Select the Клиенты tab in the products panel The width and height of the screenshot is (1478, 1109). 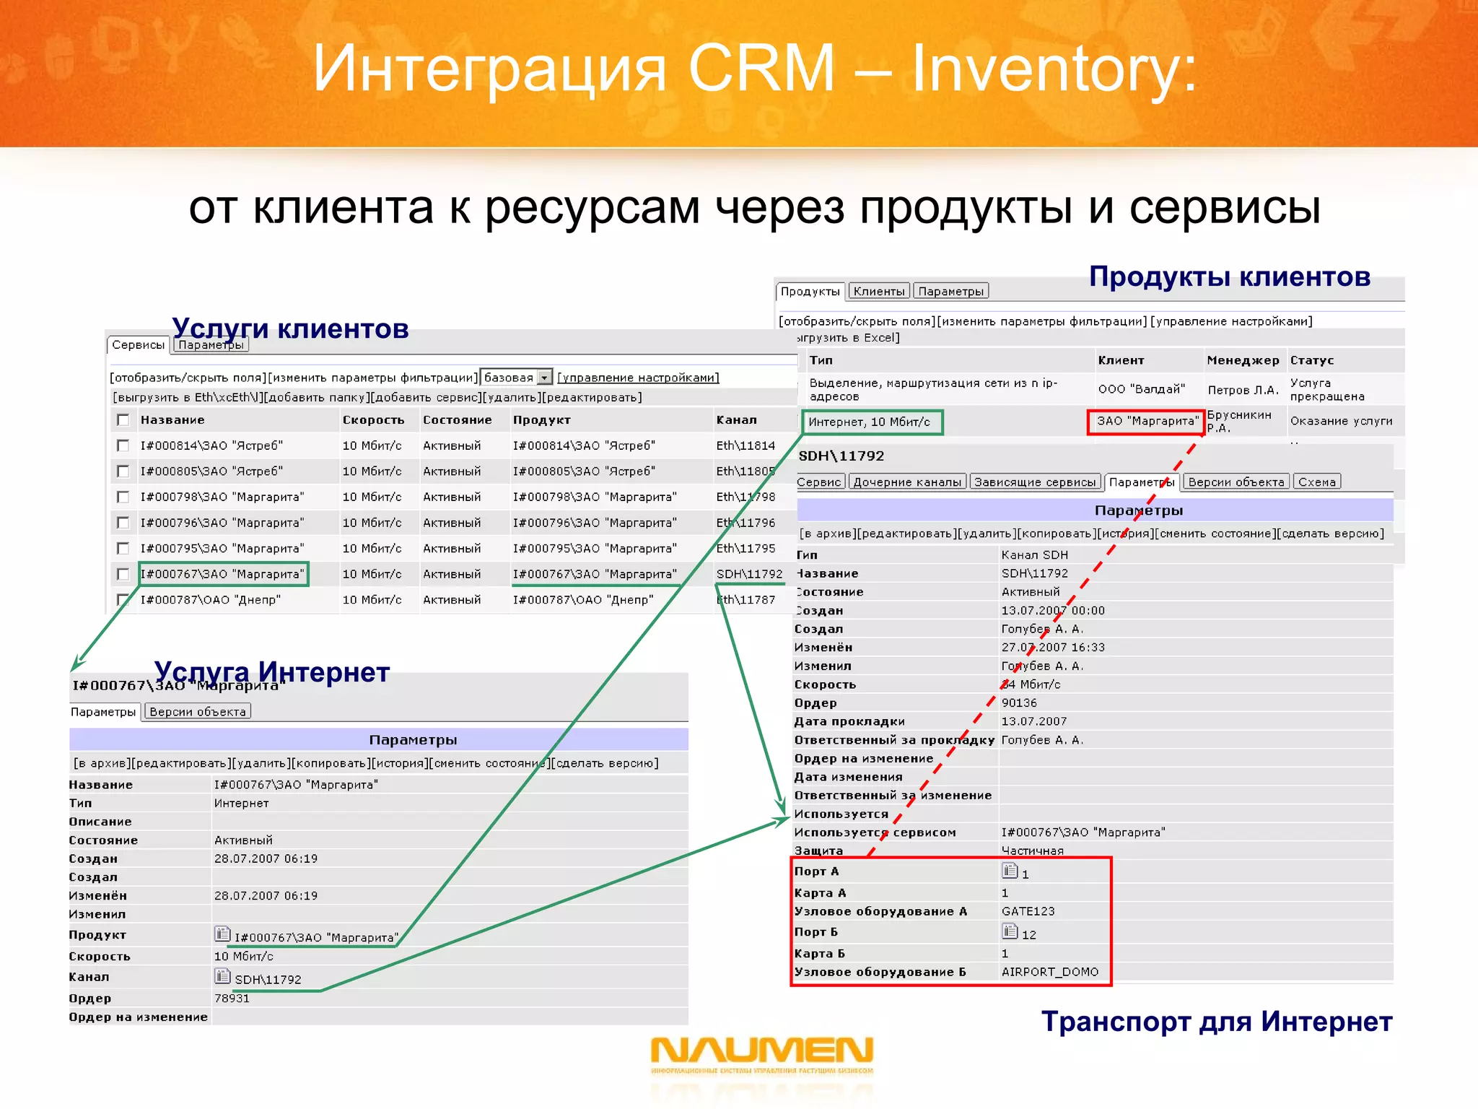(878, 291)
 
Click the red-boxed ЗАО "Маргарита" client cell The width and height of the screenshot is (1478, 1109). (1146, 421)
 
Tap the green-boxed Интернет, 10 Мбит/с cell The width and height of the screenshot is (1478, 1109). (871, 422)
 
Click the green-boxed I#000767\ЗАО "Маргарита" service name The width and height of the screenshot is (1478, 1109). (223, 574)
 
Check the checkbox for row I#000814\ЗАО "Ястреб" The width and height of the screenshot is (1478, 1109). (123, 445)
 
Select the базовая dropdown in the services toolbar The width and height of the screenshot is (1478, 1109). (517, 377)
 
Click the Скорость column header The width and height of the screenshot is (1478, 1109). (373, 419)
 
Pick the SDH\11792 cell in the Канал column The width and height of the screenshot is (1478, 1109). (749, 574)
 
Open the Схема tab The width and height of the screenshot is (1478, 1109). (1316, 482)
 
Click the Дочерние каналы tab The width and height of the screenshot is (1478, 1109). (907, 482)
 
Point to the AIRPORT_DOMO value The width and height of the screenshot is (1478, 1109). (1049, 972)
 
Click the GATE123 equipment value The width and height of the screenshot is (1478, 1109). (1028, 911)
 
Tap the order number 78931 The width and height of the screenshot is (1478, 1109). (232, 998)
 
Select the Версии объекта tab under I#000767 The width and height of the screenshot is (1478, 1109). (198, 711)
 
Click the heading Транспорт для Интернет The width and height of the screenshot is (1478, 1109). (1216, 1022)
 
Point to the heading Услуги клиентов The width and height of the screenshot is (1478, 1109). (290, 328)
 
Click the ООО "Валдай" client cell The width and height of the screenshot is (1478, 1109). (1141, 389)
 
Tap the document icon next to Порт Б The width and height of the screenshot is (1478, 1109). (1010, 931)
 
